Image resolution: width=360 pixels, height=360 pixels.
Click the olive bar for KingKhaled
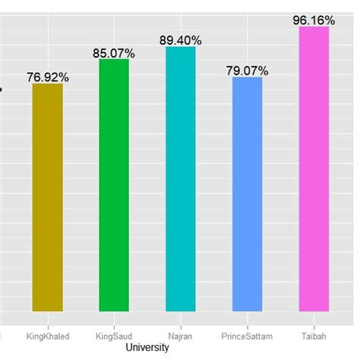pos(47,197)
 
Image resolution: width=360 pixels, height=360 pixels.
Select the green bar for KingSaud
pos(114,185)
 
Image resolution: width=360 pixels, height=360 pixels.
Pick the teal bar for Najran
pos(180,179)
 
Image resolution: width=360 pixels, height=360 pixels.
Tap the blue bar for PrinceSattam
pos(247,194)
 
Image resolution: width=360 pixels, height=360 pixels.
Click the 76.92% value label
pos(48,77)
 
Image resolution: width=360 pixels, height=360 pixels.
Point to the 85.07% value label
pos(114,53)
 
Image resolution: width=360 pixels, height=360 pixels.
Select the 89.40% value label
pos(180,41)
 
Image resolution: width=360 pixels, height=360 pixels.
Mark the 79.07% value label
pos(247,71)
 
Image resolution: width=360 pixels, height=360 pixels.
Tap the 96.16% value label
pos(314,21)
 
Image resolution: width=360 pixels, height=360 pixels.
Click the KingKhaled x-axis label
pos(48,334)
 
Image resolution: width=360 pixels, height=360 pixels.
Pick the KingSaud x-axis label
pos(114,334)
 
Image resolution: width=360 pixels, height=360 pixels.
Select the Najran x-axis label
pos(180,334)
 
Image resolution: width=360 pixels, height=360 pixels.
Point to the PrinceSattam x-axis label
pos(247,334)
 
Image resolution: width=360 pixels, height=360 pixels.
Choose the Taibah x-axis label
pos(314,334)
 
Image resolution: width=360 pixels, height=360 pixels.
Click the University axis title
pos(147,347)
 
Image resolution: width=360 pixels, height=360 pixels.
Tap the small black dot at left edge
pos(1,89)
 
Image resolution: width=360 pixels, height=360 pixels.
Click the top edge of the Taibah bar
pos(314,28)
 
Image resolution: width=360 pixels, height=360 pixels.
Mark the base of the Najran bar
pos(180,311)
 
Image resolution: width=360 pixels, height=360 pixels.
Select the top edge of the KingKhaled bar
pos(47,84)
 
